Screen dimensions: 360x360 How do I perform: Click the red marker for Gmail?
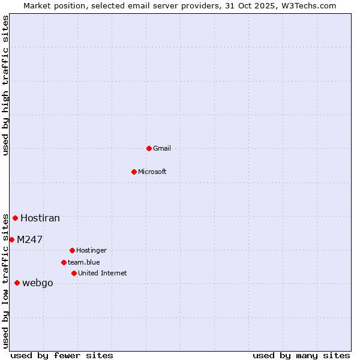[149, 148]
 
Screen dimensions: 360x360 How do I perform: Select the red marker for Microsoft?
[134, 172]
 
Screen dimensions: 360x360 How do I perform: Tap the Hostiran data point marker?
[15, 218]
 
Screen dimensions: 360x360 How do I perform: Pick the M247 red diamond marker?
[11, 239]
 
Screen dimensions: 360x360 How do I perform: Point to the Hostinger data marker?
[72, 250]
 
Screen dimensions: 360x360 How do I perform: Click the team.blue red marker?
[64, 262]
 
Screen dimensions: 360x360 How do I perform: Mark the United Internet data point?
[74, 273]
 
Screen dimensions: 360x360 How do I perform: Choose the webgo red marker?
[17, 283]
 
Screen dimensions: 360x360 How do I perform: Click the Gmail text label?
[162, 148]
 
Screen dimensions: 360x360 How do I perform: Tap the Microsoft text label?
[152, 172]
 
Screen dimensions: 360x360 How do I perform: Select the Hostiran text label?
[40, 218]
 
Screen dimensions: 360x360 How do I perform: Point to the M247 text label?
[29, 239]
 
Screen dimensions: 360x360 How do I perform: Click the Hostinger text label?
[91, 250]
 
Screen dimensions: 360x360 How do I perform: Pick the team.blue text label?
[84, 262]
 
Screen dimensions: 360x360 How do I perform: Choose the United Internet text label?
[103, 273]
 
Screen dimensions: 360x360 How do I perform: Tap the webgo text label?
[38, 283]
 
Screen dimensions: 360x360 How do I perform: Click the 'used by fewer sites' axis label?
[62, 355]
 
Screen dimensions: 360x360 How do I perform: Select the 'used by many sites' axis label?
[301, 355]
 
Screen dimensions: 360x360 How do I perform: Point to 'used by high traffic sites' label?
[5, 85]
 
